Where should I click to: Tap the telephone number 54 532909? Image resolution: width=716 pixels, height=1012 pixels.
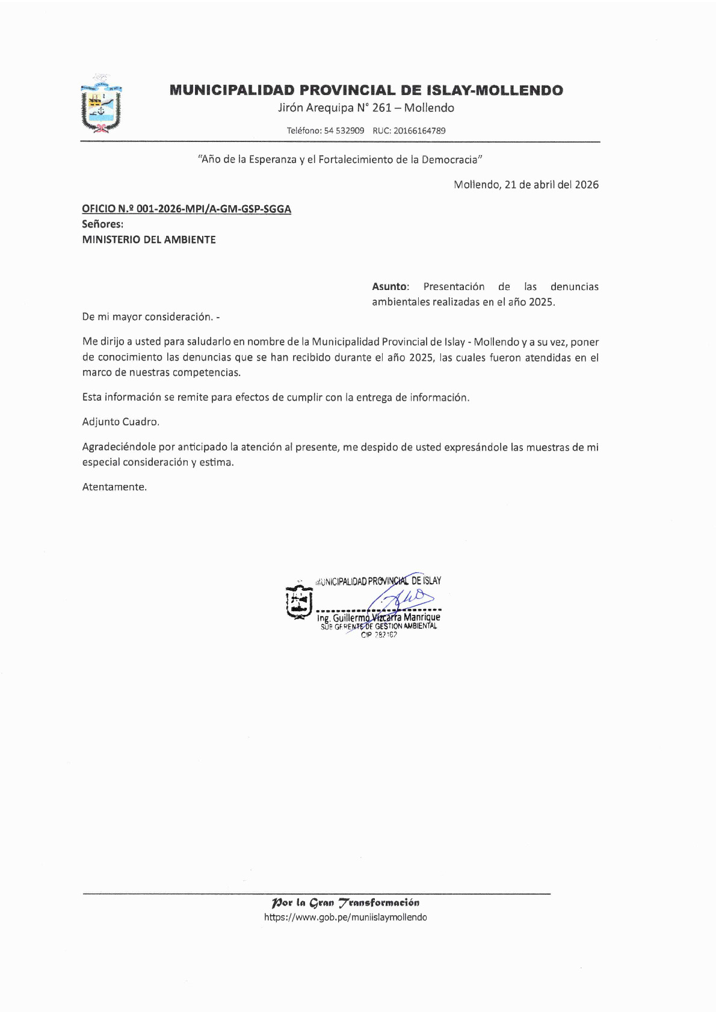coord(344,131)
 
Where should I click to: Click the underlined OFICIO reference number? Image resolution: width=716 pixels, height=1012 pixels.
coord(187,209)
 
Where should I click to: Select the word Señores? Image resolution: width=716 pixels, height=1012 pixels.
coord(102,224)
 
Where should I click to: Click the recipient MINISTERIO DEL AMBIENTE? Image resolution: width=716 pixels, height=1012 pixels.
coord(149,239)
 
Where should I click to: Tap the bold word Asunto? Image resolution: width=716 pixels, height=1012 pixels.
coord(389,286)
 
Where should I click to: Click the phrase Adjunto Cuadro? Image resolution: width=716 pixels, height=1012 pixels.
coord(121,422)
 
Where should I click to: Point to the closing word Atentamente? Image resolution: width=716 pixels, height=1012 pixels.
coord(114,487)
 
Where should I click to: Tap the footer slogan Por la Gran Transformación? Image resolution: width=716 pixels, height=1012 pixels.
coord(345,902)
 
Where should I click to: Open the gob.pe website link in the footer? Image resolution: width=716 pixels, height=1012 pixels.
coord(345,918)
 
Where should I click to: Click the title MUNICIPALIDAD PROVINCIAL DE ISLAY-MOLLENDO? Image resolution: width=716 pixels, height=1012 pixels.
coord(366,91)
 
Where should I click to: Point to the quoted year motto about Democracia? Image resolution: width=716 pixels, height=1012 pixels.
coord(341,159)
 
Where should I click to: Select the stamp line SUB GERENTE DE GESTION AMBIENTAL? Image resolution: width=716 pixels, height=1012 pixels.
coord(379,626)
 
